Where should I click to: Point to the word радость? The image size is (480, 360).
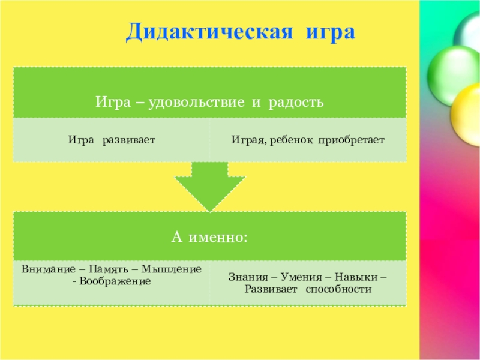click(296, 103)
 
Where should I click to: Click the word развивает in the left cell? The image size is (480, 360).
click(129, 140)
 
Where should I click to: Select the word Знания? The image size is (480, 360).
click(248, 278)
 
